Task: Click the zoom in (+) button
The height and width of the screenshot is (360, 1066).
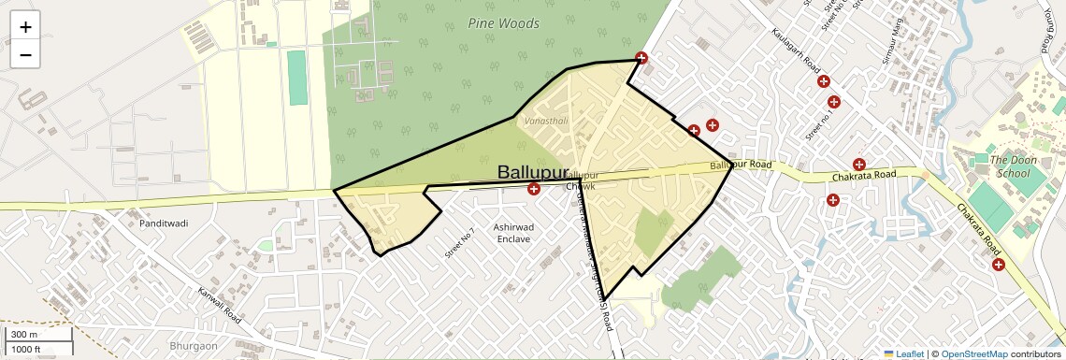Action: [x=25, y=27]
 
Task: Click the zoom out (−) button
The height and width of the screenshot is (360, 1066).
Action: [x=25, y=55]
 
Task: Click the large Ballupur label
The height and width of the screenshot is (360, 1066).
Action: [x=533, y=173]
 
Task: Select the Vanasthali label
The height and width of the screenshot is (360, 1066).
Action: [x=546, y=122]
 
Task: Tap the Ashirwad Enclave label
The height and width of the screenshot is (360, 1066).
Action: [x=513, y=234]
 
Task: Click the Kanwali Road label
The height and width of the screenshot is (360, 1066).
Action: [x=220, y=306]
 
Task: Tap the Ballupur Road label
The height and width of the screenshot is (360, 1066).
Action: [x=741, y=166]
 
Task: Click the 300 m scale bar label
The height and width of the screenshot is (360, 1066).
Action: [x=24, y=335]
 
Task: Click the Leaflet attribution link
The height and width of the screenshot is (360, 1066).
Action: [x=903, y=353]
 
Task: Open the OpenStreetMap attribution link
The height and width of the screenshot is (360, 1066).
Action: [x=973, y=353]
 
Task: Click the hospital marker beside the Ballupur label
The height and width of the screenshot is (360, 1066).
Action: [x=534, y=190]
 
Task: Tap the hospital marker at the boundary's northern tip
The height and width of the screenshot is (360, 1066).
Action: [x=641, y=58]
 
